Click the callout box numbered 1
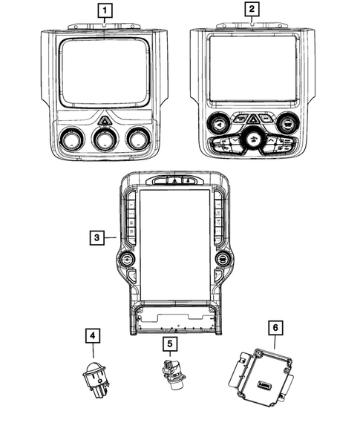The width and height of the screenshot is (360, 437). point(105,10)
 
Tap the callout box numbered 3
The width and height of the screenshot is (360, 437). point(96,237)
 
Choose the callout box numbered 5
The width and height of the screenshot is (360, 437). point(169,344)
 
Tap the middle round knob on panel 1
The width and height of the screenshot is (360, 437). point(104,140)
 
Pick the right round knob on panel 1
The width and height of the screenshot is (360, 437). point(137,139)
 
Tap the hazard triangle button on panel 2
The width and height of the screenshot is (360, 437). point(252,118)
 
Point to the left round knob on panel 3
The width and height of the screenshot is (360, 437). point(127,259)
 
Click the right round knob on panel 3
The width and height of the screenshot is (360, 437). point(221,259)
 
